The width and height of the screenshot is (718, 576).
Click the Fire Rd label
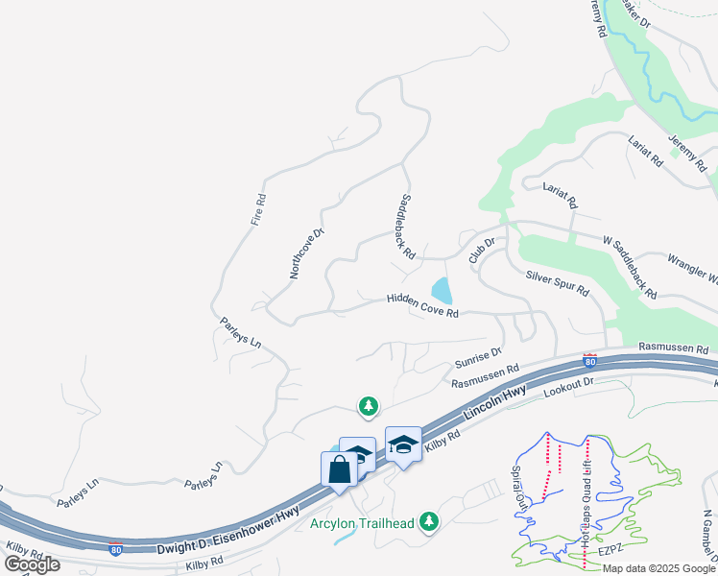click(x=258, y=210)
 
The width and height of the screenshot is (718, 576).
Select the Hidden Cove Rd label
click(x=422, y=305)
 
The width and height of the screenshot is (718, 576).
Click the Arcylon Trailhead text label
click(x=361, y=523)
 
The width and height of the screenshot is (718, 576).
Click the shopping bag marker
click(x=338, y=470)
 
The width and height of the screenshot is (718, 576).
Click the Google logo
click(x=32, y=564)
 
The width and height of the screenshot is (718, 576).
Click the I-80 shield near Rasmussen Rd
click(x=590, y=361)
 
